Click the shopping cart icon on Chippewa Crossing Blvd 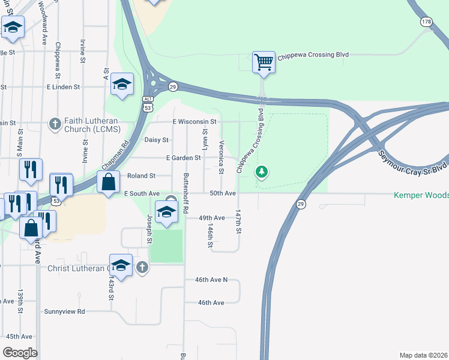(264, 62)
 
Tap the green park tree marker (261, 173)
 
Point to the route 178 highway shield (426, 22)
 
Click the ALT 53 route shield (148, 103)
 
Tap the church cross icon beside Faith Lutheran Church (55, 124)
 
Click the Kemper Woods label (421, 195)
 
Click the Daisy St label (156, 140)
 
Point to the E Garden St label (183, 158)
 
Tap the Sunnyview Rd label (65, 311)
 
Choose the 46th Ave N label (211, 280)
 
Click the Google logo (20, 353)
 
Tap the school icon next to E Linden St (122, 85)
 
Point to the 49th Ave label (211, 218)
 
